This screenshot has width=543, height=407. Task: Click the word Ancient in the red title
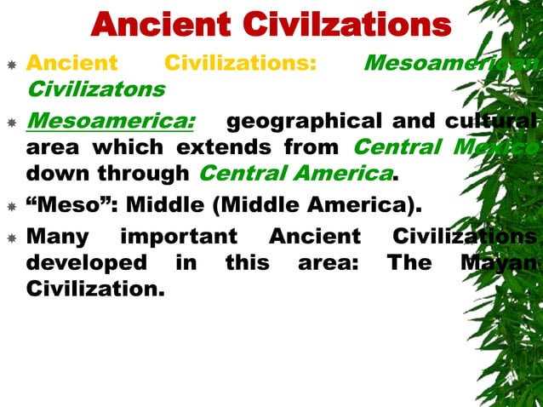click(x=162, y=26)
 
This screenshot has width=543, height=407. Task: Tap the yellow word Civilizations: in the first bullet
click(x=240, y=63)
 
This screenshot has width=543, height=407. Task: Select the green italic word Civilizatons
click(x=96, y=88)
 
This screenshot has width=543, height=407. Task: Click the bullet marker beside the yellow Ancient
click(x=10, y=63)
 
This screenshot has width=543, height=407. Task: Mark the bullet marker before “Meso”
click(x=10, y=206)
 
